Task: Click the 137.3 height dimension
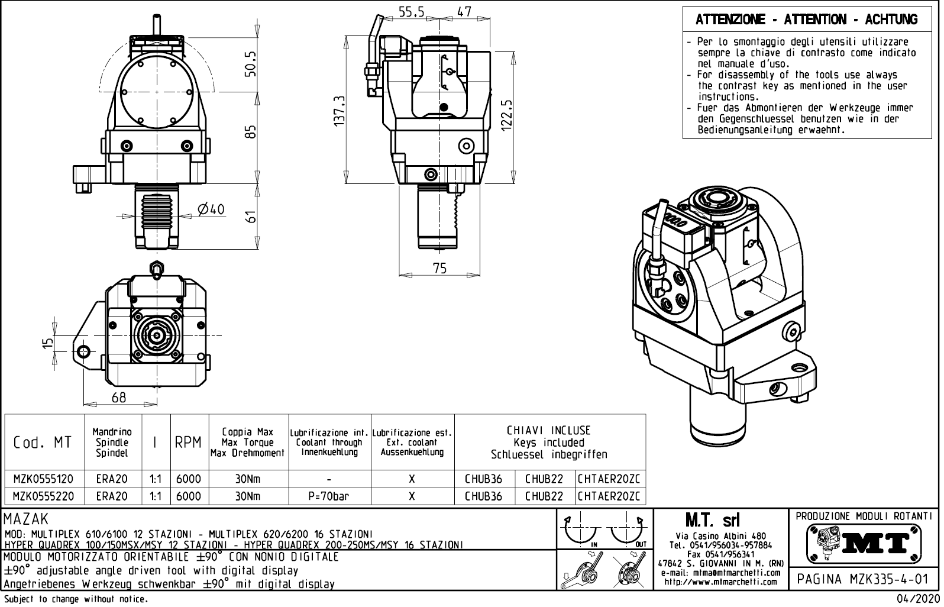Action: tap(339, 109)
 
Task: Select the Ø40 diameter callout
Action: tap(211, 209)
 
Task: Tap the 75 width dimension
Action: tap(439, 268)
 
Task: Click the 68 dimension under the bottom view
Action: tap(119, 398)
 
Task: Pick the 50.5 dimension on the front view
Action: tap(251, 63)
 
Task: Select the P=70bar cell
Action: tap(329, 496)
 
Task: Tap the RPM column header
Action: tap(188, 443)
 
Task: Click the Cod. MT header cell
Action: tap(42, 443)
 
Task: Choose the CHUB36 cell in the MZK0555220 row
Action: tap(484, 496)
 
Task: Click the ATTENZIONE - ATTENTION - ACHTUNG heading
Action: tap(806, 20)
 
